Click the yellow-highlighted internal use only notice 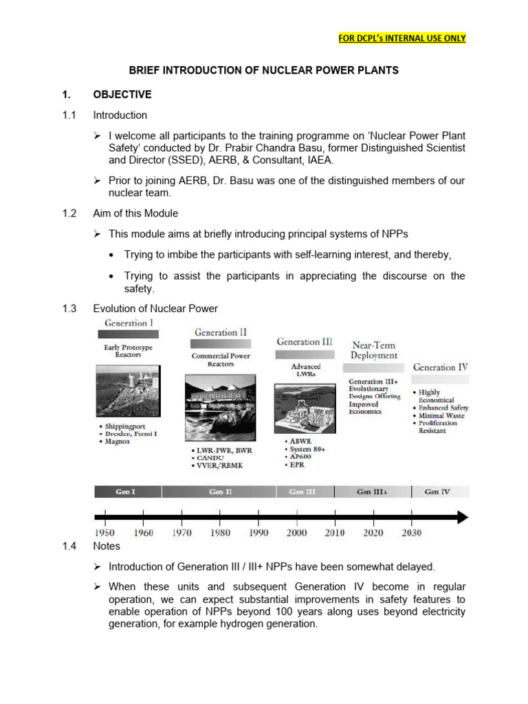402,38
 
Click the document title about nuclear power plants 264,70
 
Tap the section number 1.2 69,213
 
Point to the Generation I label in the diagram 129,322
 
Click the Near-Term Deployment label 373,350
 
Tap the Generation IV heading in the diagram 440,367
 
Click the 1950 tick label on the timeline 105,533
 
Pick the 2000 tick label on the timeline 296,533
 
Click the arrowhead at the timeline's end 461,517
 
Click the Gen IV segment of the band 438,492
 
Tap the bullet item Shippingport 125,426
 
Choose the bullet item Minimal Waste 441,416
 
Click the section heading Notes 107,546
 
